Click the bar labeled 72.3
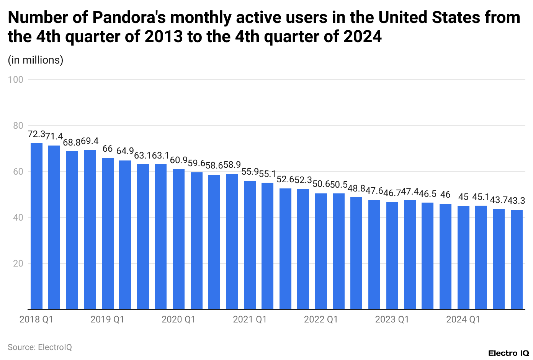pyautogui.click(x=36, y=226)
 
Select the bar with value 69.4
pyautogui.click(x=90, y=229)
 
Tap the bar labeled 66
pyautogui.click(x=108, y=233)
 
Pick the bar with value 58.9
pyautogui.click(x=232, y=242)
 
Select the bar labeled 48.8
pyautogui.click(x=356, y=253)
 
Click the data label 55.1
pyautogui.click(x=267, y=174)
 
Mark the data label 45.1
pyautogui.click(x=481, y=197)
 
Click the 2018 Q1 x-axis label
pyautogui.click(x=36, y=319)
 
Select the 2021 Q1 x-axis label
pyautogui.click(x=250, y=319)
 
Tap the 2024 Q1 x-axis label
pyautogui.click(x=463, y=319)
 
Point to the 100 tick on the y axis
pyautogui.click(x=16, y=80)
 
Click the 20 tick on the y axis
pyautogui.click(x=18, y=263)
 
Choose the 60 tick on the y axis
pyautogui.click(x=18, y=172)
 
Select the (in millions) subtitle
pyautogui.click(x=36, y=60)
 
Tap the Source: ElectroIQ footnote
pyautogui.click(x=40, y=347)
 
